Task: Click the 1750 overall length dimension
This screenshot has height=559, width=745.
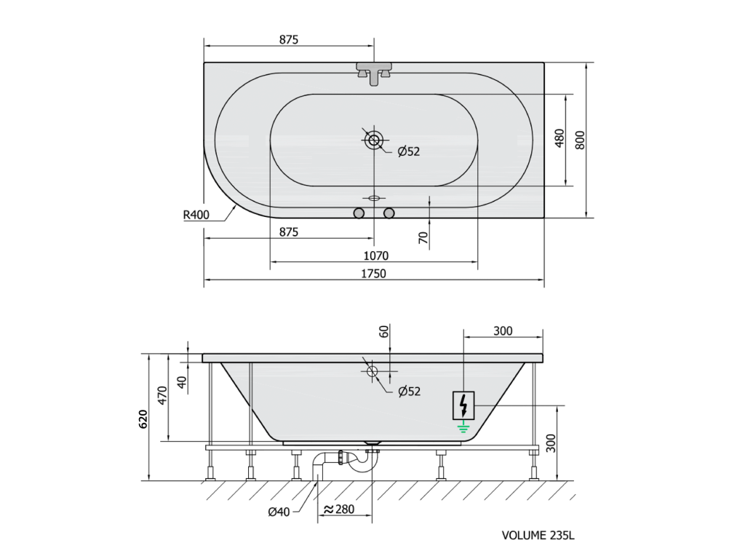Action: click(x=373, y=274)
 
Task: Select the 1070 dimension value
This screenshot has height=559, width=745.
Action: click(x=376, y=255)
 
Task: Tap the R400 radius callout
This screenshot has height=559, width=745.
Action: click(x=196, y=215)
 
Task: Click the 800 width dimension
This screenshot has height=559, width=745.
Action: click(x=580, y=140)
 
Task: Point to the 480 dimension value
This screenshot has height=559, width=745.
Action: click(x=559, y=138)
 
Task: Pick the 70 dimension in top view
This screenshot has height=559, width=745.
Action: click(x=423, y=238)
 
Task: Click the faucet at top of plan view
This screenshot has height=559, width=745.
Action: click(x=374, y=73)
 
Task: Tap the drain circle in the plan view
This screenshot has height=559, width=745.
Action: click(x=374, y=140)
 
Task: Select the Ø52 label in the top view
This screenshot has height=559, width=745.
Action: click(x=409, y=151)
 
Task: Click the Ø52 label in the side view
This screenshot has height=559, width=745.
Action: click(x=410, y=391)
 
